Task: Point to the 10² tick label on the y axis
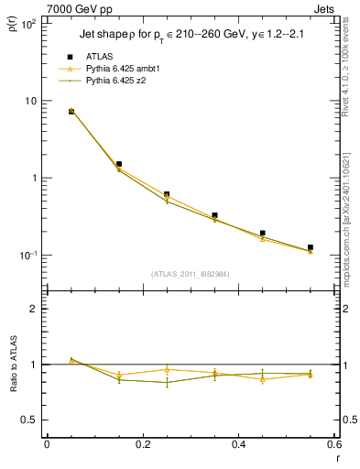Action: pos(28,24)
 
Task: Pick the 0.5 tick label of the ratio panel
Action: pos(28,420)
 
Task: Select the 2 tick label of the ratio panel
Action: pos(33,310)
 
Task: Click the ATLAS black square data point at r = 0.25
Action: pos(167,194)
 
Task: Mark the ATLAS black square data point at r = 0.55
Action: pos(311,247)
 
